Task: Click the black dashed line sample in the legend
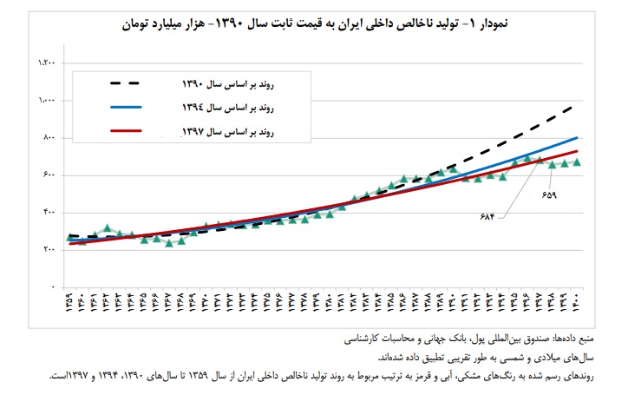pyautogui.click(x=139, y=84)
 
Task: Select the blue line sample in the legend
pyautogui.click(x=139, y=109)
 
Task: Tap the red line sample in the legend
pyautogui.click(x=139, y=133)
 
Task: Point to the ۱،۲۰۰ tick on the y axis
pyautogui.click(x=47, y=63)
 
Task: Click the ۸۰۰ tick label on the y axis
pyautogui.click(x=49, y=138)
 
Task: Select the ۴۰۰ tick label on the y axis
pyautogui.click(x=49, y=213)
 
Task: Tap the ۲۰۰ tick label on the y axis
pyautogui.click(x=49, y=250)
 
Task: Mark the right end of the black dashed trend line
pyautogui.click(x=577, y=106)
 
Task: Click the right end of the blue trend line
pyautogui.click(x=578, y=137)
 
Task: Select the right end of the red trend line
pyautogui.click(x=578, y=152)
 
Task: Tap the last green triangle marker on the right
pyautogui.click(x=577, y=162)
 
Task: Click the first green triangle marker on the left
pyautogui.click(x=70, y=236)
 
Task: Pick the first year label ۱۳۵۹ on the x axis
pyautogui.click(x=70, y=306)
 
